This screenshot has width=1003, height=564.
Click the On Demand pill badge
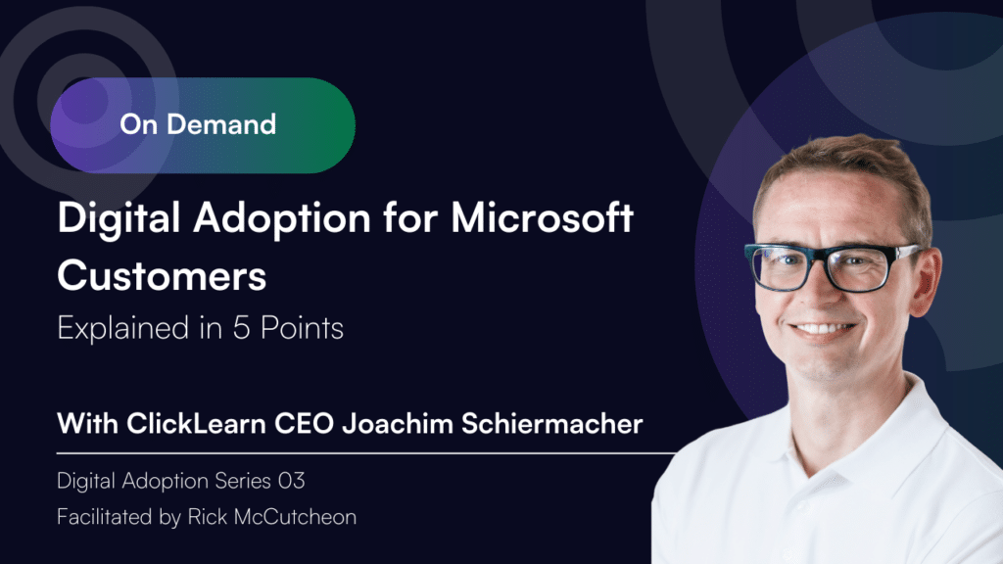(203, 125)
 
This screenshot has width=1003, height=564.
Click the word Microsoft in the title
(543, 218)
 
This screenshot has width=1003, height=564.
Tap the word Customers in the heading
(162, 276)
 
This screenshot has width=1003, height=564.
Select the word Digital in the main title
(119, 219)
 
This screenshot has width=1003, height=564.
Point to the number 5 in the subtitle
(241, 328)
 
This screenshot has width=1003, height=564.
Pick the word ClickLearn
(196, 424)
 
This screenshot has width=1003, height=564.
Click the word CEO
(304, 424)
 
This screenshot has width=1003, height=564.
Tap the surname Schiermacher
(552, 424)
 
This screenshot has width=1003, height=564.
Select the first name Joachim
(398, 424)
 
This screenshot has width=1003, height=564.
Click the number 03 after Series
(291, 481)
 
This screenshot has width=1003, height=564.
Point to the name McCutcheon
(295, 517)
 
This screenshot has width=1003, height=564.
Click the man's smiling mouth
(823, 331)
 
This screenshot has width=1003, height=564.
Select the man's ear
(926, 281)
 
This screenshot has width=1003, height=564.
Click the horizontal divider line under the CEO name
(366, 452)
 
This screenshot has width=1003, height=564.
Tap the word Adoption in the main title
(282, 219)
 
